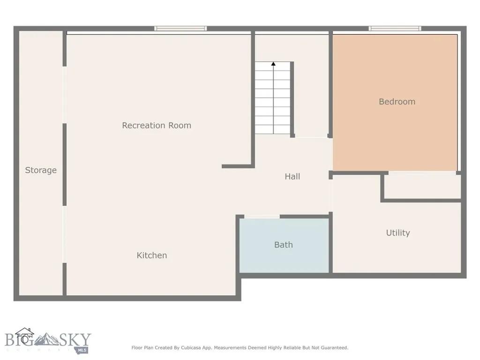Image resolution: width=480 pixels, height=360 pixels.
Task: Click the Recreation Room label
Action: coord(157,126)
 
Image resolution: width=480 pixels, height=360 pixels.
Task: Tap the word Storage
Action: coord(41,170)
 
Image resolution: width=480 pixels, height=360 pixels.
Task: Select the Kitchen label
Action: coord(152,255)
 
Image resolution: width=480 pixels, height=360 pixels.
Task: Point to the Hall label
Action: coord(292,176)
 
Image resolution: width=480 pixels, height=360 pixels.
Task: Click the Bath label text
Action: coord(284,245)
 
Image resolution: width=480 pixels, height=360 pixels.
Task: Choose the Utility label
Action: coord(398,233)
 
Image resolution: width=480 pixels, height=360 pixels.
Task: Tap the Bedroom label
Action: coord(397,102)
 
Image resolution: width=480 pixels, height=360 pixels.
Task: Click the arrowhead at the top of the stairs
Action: coord(273,64)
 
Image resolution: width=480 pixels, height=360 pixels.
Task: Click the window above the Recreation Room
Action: coord(180,29)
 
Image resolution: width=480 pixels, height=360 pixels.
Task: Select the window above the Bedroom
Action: coord(395,29)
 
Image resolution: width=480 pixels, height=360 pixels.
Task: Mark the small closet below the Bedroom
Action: coord(422,187)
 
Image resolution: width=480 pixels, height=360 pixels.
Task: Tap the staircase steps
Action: coord(273,98)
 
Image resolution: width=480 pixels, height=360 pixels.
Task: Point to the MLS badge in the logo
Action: coord(82,350)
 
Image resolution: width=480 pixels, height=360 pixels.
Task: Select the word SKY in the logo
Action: coord(75,340)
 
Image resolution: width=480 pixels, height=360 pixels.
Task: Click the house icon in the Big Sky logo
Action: coord(25,336)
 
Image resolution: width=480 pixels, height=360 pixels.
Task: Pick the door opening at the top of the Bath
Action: coord(262,217)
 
